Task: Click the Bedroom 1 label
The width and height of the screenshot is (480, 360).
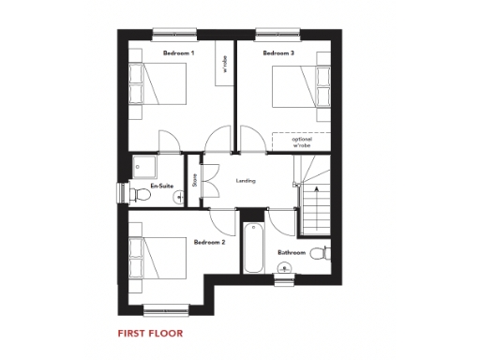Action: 178,54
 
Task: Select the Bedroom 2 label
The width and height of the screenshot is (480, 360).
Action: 208,242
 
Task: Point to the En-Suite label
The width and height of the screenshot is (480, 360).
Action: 162,186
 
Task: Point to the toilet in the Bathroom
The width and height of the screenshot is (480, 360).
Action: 321,253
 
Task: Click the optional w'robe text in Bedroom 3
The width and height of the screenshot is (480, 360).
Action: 301,142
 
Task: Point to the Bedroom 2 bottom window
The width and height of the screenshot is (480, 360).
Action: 169,309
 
